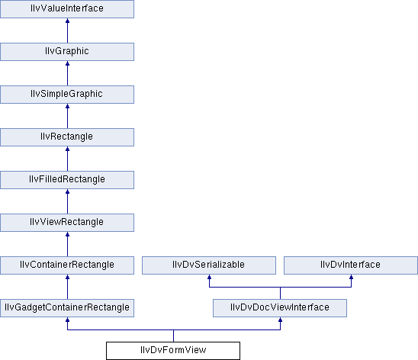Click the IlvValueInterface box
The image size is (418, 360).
[67, 9]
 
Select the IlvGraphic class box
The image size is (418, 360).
[67, 52]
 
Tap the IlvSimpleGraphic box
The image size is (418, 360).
[67, 95]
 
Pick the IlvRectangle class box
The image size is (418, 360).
[67, 137]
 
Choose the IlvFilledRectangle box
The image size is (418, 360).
[67, 180]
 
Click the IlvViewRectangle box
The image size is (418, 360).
[67, 223]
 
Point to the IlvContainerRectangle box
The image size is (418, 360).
[67, 265]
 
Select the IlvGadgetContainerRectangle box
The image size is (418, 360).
[67, 308]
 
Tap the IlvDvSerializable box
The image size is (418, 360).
[209, 265]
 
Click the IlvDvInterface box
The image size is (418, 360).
[351, 265]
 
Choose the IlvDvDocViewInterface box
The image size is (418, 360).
[280, 308]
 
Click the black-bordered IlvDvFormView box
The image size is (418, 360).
[173, 351]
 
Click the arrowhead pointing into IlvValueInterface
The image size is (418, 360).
[67, 21]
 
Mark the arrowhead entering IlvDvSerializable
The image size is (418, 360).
[209, 277]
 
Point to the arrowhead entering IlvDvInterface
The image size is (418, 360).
[351, 277]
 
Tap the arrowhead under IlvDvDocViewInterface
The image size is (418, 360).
[280, 320]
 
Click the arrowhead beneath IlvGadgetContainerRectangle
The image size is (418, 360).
[67, 320]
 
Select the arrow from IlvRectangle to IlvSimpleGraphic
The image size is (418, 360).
[67, 116]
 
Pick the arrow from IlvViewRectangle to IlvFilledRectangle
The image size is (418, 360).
[67, 201]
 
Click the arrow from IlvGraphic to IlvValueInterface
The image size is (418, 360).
[67, 31]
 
